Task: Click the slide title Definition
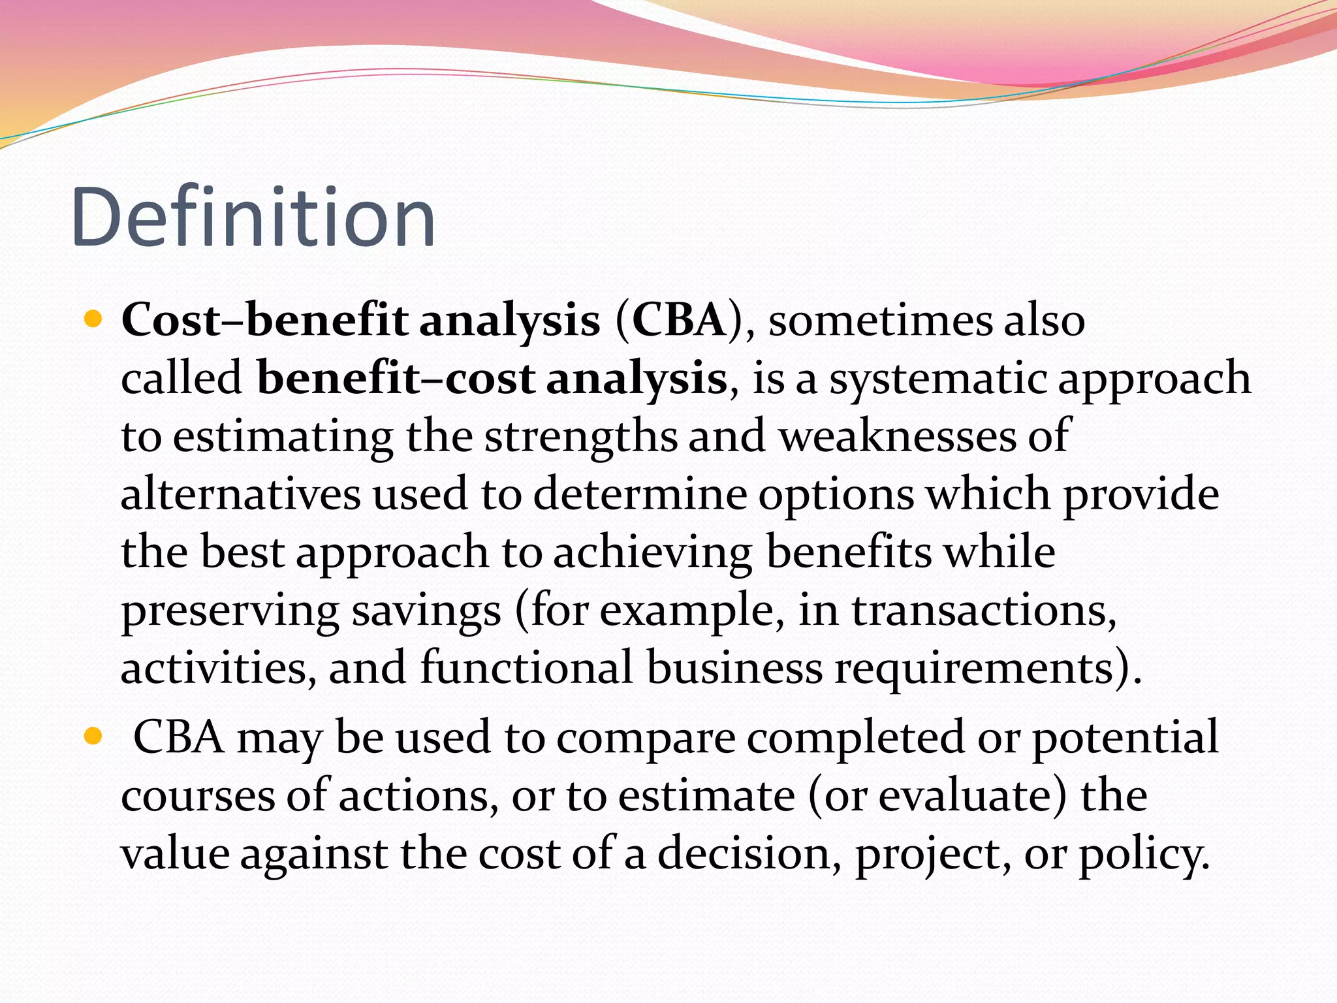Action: (253, 217)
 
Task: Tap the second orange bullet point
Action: (94, 737)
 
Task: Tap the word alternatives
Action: (240, 494)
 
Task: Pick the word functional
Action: (526, 667)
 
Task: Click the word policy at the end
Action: (1142, 854)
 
